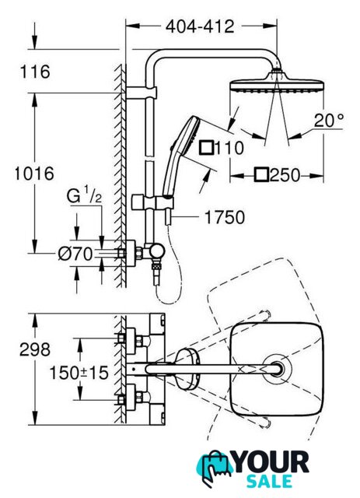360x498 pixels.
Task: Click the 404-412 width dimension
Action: (200, 26)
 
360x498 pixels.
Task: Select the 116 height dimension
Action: (35, 72)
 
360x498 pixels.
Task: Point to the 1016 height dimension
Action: (34, 174)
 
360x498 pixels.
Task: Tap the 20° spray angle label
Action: (329, 121)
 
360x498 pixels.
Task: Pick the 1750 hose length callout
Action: (225, 218)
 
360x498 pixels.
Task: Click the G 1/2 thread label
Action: (84, 195)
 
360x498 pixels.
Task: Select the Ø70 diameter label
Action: (75, 254)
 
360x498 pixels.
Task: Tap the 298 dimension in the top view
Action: (35, 349)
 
